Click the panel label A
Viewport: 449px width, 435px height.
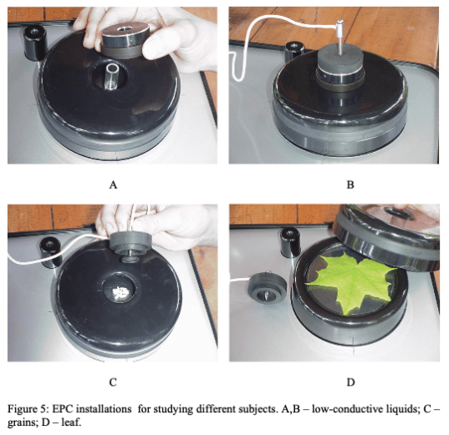point(113,185)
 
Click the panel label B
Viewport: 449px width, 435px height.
point(350,185)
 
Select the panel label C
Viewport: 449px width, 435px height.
point(113,382)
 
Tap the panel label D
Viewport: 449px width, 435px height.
point(351,382)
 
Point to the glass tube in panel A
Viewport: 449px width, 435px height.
point(111,76)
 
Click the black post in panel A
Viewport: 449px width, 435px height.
point(34,43)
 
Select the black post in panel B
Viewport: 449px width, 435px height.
point(293,52)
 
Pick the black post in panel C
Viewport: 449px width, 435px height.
point(51,252)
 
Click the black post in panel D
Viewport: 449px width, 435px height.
point(290,241)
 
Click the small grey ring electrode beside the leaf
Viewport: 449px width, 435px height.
point(268,287)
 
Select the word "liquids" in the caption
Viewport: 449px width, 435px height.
point(398,409)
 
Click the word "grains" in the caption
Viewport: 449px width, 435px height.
point(21,422)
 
